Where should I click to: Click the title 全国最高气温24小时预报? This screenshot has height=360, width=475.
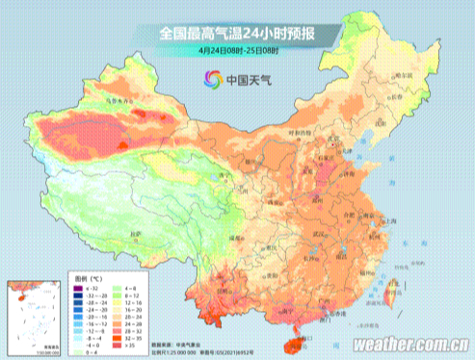pos(237,32)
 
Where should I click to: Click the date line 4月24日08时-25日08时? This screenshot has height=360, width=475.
pos(237,49)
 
